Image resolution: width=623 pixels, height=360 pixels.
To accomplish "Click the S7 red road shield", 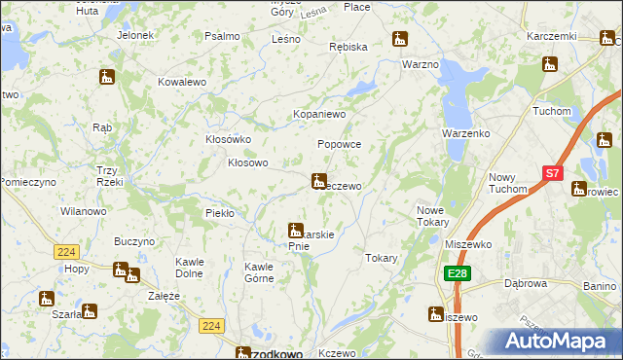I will tap(552, 173).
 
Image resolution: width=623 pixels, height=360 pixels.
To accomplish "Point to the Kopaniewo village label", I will tap(320, 114).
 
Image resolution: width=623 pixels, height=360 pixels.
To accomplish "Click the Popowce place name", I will tap(340, 143).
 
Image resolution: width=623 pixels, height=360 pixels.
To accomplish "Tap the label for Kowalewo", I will tap(182, 83).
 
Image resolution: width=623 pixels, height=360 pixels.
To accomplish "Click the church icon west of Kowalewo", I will tap(107, 76).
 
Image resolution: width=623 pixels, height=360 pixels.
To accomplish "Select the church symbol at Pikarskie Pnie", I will tap(295, 231).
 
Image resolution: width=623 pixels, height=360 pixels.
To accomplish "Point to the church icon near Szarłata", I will tap(46, 299).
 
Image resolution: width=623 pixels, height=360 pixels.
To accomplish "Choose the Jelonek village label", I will tap(134, 35).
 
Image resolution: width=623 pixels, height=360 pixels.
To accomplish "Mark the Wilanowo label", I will tap(83, 210).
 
